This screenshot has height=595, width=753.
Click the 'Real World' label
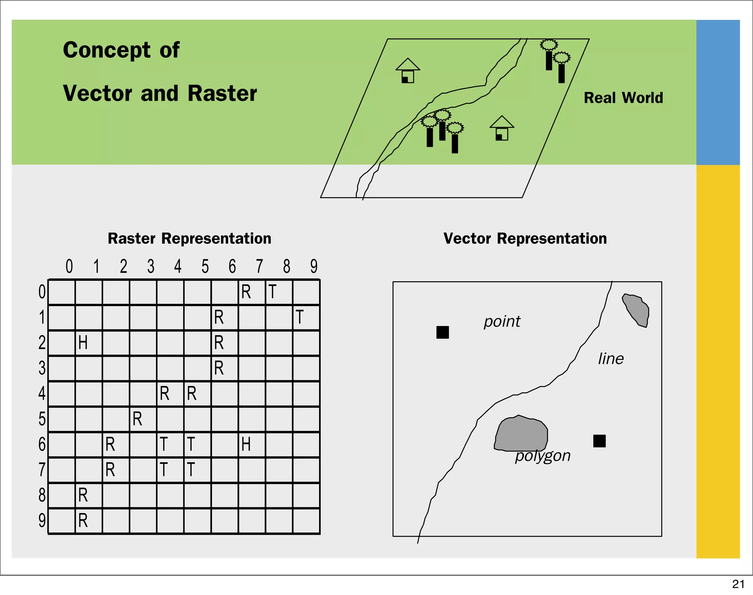tap(623, 98)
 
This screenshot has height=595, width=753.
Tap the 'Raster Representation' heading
tap(189, 239)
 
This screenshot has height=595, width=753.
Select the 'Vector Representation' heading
tap(525, 239)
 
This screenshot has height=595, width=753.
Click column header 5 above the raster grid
tap(205, 266)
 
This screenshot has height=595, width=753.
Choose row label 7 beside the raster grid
tap(42, 470)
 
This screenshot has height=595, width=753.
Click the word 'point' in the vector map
tap(502, 322)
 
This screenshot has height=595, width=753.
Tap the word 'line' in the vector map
tap(611, 359)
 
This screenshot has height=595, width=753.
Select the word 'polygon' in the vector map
tap(543, 456)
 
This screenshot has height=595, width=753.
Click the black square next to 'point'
tap(442, 332)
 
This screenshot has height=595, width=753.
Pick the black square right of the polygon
tap(599, 441)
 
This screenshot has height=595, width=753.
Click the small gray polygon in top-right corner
tap(636, 309)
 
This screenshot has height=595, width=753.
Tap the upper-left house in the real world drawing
tap(408, 71)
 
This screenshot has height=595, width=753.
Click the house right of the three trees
tap(502, 128)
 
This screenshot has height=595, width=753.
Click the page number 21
tap(738, 584)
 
